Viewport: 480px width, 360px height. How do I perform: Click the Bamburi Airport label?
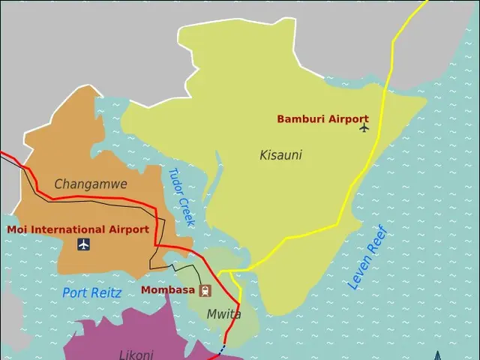[322, 118]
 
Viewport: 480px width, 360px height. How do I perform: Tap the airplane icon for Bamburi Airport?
[364, 127]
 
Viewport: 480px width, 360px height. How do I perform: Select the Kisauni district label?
[280, 155]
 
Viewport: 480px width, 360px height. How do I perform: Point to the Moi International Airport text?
[78, 229]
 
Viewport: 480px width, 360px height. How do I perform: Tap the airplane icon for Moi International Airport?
[83, 244]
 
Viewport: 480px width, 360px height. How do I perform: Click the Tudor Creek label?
[181, 196]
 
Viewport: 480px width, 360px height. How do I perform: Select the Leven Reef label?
[367, 257]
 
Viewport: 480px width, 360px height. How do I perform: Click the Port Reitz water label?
[91, 293]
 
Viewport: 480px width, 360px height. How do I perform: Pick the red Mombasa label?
[168, 289]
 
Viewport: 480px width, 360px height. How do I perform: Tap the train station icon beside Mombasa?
[205, 290]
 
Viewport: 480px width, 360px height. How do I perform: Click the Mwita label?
[223, 314]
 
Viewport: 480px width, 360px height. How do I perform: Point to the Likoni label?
[136, 355]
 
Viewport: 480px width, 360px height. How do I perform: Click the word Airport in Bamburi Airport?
[346, 118]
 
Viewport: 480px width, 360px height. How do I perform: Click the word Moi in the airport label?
[18, 229]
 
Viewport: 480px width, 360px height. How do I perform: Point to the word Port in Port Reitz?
[75, 293]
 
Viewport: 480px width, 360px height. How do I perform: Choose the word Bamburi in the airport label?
[299, 118]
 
